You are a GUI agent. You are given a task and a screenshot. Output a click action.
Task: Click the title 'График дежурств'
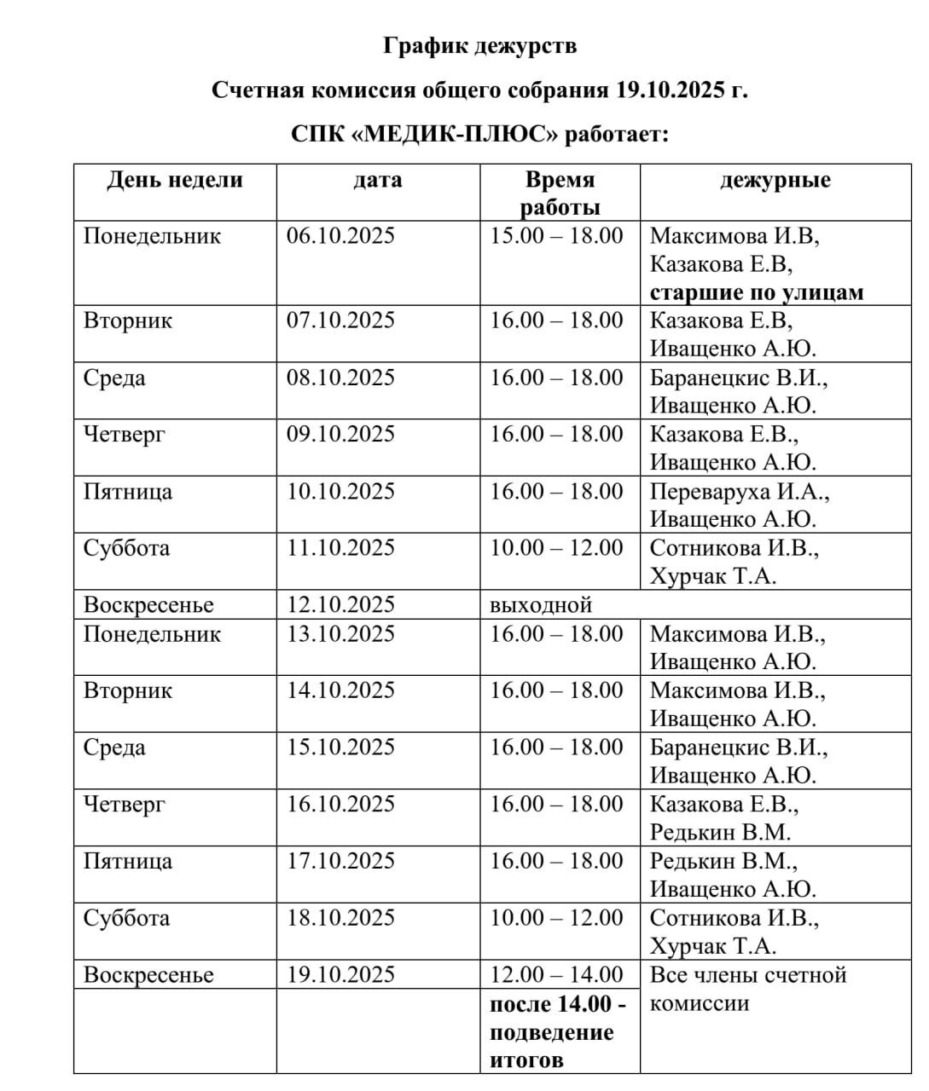coord(479,45)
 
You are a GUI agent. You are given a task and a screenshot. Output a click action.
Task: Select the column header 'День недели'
coord(175,180)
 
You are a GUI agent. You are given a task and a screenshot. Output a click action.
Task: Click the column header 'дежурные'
coord(775,180)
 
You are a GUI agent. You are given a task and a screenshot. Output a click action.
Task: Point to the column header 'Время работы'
coord(560,193)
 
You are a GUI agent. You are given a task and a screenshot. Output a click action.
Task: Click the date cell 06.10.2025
coord(340,235)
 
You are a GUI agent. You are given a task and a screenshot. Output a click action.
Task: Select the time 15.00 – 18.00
coord(556,235)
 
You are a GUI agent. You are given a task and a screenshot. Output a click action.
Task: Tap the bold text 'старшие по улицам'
coord(757,292)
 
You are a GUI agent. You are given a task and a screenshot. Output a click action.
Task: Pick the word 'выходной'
coord(541,605)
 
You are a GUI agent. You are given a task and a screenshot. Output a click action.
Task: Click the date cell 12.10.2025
coord(340,605)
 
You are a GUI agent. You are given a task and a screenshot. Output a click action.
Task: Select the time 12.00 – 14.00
coord(556,974)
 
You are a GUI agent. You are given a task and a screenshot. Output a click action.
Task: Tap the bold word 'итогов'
coord(526,1060)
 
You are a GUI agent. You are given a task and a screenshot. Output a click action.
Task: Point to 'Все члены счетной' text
coord(748,974)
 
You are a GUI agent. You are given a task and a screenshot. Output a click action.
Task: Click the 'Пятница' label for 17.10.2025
coord(128,861)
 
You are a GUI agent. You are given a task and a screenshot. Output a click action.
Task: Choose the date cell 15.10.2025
coord(340,748)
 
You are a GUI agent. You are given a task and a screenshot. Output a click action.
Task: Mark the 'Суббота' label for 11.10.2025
coord(126,548)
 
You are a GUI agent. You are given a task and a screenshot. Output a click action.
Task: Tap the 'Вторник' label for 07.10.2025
coord(128,320)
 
